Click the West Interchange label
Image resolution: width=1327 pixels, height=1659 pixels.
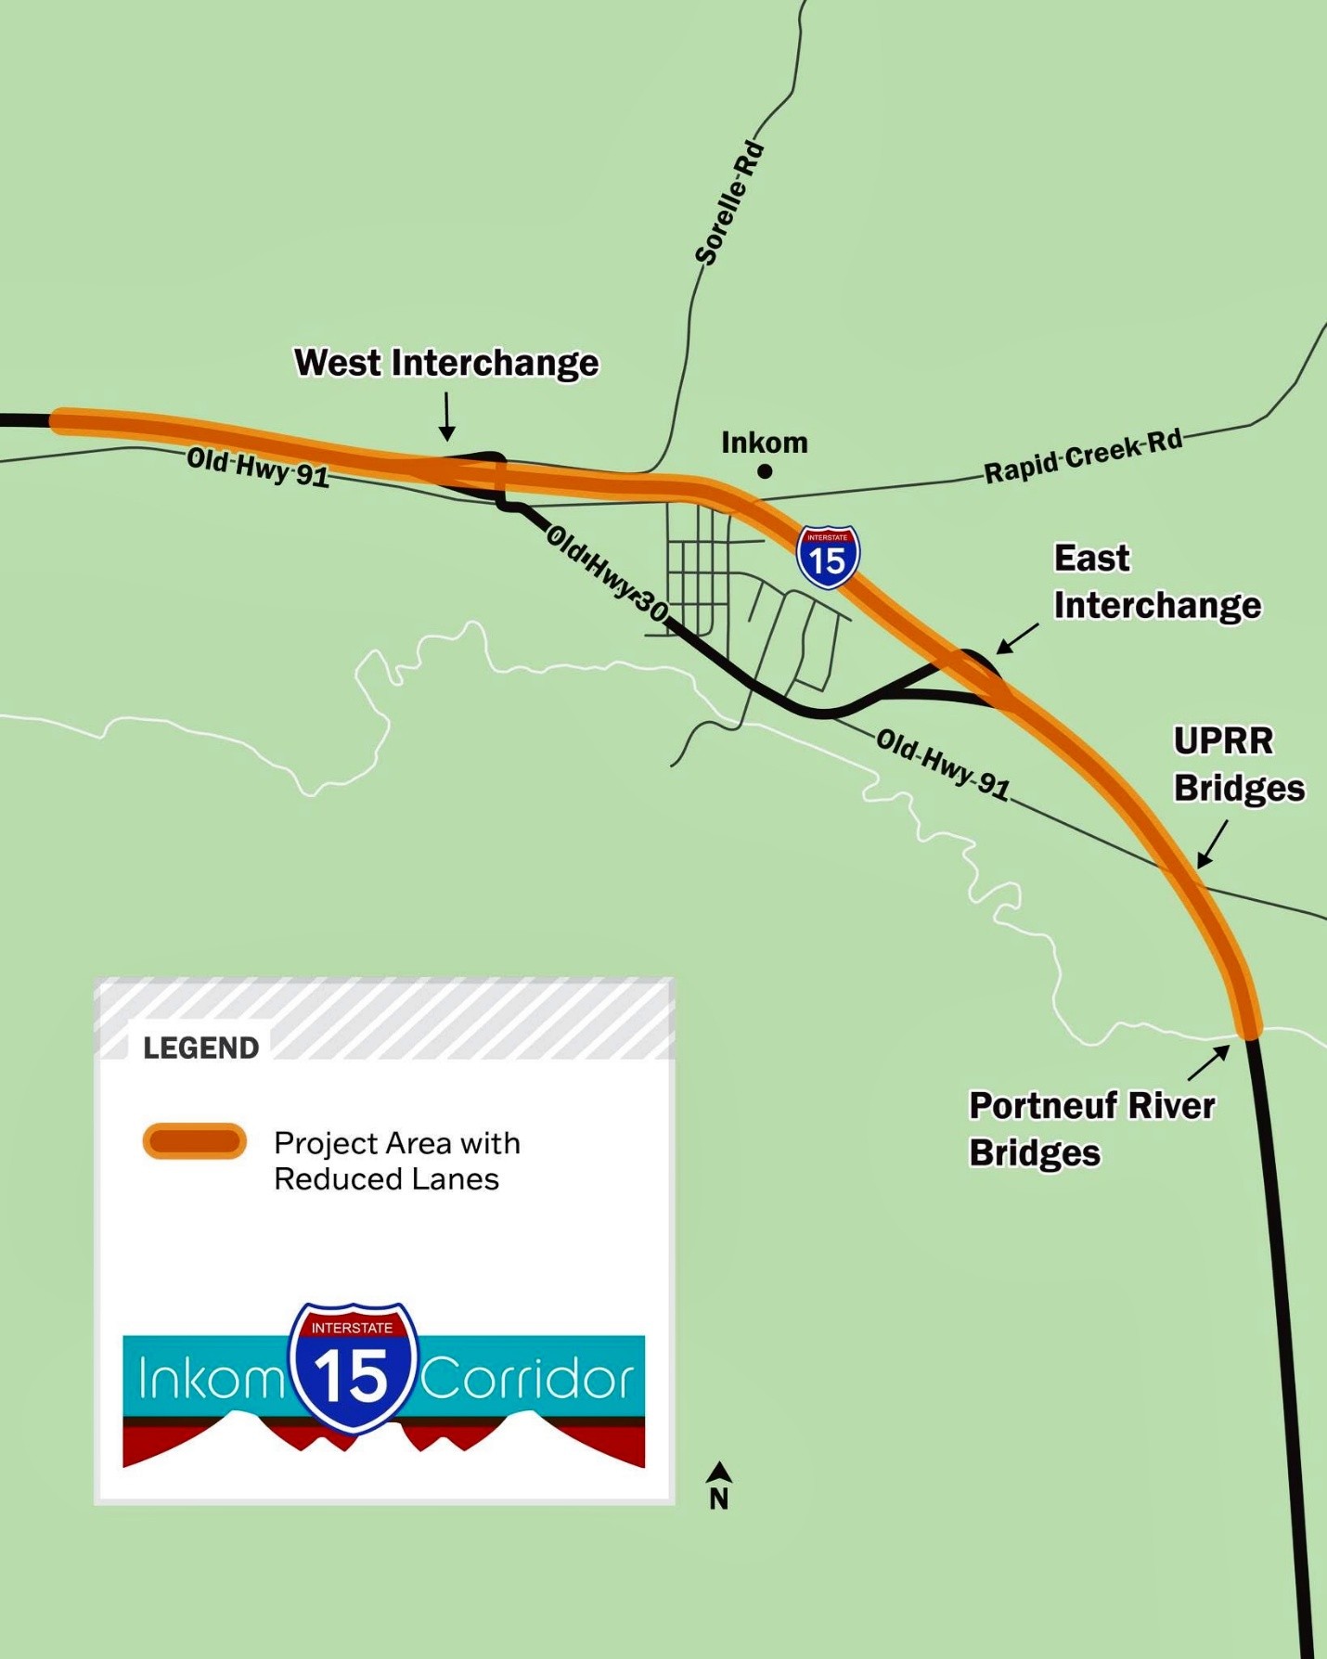pyautogui.click(x=446, y=363)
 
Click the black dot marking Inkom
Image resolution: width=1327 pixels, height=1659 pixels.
pyautogui.click(x=765, y=471)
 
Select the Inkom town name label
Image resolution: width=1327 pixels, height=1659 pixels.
pyautogui.click(x=765, y=443)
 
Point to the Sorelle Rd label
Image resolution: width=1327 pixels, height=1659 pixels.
pyautogui.click(x=730, y=203)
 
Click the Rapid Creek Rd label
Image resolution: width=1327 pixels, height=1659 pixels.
pyautogui.click(x=1083, y=456)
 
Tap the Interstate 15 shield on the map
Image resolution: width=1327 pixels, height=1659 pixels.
pyautogui.click(x=828, y=557)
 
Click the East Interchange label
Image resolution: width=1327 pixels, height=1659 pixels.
pyautogui.click(x=1156, y=582)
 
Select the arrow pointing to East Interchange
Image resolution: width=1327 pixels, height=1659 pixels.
pyautogui.click(x=1017, y=638)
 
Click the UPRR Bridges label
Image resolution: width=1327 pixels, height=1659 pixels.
pyautogui.click(x=1239, y=765)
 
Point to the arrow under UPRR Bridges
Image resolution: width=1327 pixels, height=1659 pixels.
pyautogui.click(x=1212, y=844)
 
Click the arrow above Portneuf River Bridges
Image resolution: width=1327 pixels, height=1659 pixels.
pyautogui.click(x=1209, y=1061)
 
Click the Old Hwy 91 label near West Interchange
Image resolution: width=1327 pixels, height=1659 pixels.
pyautogui.click(x=258, y=467)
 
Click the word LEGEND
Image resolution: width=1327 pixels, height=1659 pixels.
pyautogui.click(x=200, y=1048)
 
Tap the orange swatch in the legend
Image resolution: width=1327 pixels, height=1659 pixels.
pyautogui.click(x=194, y=1141)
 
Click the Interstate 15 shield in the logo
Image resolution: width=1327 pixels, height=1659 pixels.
pyautogui.click(x=354, y=1367)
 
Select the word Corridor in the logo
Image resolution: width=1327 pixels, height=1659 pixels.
pyautogui.click(x=527, y=1379)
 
